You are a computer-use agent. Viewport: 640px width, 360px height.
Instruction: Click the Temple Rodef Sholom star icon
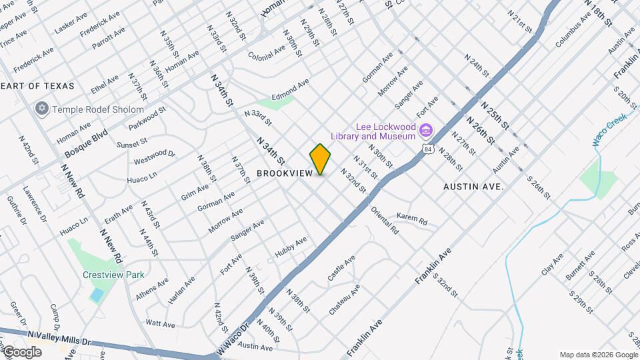point(42,109)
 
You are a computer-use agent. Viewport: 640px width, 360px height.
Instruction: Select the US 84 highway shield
point(427,150)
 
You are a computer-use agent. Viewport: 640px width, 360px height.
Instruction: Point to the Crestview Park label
point(113,275)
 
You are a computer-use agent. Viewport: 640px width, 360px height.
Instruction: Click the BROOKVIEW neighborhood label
point(285,173)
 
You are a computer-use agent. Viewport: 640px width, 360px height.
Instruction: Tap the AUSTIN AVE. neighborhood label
point(473,187)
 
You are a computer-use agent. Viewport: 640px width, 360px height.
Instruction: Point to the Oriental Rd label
point(385,222)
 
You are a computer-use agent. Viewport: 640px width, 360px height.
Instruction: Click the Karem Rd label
point(411,217)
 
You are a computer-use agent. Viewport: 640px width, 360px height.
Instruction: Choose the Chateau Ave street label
point(344,300)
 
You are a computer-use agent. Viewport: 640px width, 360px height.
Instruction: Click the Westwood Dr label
point(154,157)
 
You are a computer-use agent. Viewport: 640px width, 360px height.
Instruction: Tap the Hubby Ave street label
point(291,247)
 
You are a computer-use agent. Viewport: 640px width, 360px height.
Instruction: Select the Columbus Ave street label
point(573,31)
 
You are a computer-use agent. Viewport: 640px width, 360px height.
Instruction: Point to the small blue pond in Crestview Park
point(97,294)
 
